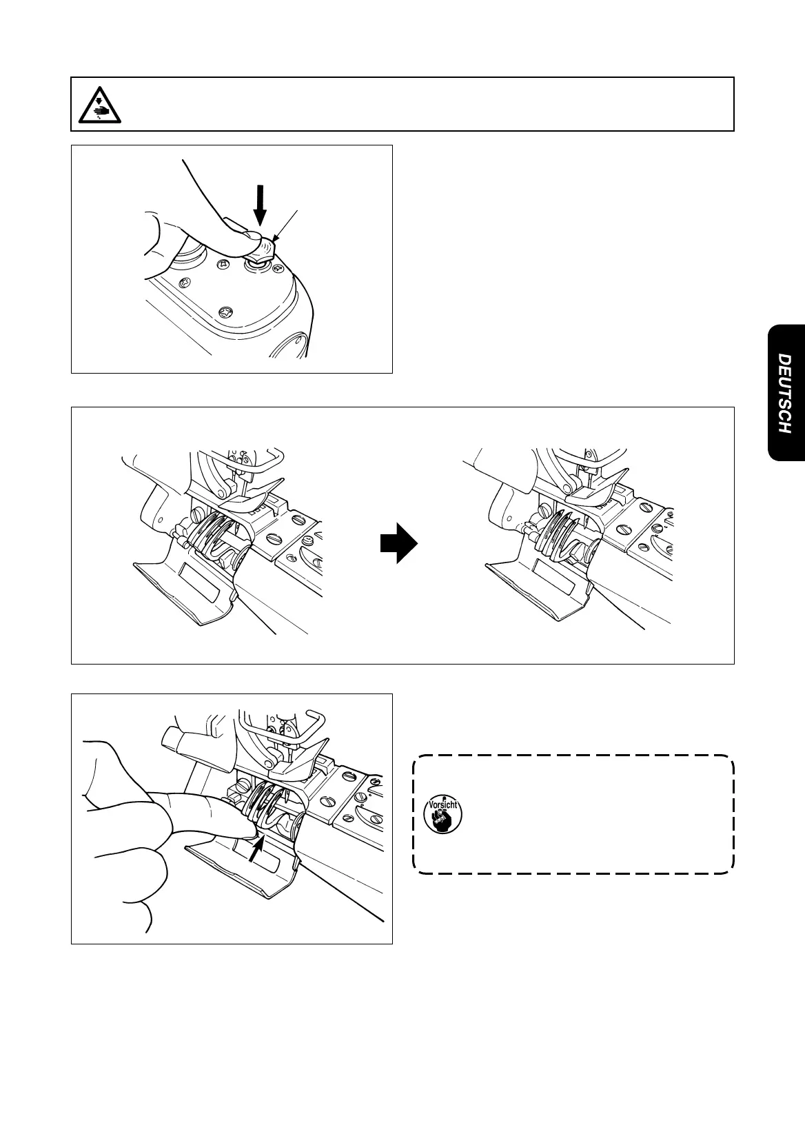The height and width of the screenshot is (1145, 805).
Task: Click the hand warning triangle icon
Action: (x=99, y=105)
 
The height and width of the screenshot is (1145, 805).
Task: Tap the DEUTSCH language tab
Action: (x=785, y=393)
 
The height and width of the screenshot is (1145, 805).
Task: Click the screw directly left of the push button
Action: (x=224, y=264)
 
